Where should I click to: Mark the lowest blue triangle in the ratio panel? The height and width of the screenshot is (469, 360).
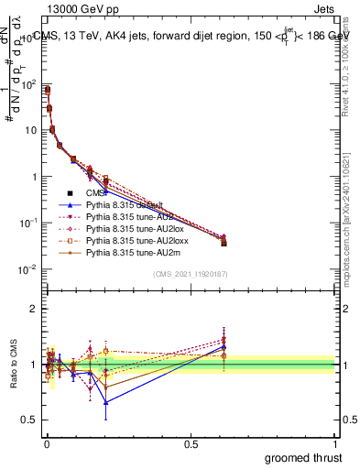106,402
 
